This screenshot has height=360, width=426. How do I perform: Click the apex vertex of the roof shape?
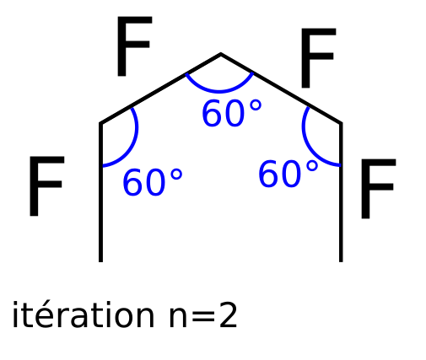click(221, 54)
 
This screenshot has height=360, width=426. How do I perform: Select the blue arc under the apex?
click(219, 91)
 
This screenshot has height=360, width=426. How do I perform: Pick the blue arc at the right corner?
click(306, 141)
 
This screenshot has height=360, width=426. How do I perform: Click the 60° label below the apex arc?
click(232, 114)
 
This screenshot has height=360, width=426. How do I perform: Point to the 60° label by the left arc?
click(153, 182)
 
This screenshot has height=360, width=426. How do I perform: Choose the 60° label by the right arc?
click(288, 174)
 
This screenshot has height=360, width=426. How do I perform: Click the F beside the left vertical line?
click(46, 186)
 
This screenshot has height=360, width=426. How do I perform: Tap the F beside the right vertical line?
click(378, 189)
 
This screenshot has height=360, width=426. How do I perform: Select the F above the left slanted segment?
click(134, 46)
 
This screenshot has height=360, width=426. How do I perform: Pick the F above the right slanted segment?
click(318, 58)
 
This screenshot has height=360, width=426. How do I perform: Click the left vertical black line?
click(100, 192)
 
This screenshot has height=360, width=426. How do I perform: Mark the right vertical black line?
click(341, 192)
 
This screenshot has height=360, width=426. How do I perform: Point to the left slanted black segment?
click(160, 89)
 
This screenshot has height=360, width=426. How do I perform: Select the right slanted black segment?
click(281, 89)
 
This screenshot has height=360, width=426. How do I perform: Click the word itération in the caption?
click(83, 314)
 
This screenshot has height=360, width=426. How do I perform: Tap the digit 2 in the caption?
click(228, 314)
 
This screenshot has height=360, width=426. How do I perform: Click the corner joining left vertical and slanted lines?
click(100, 123)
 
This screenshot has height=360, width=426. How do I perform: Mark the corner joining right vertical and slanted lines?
click(341, 123)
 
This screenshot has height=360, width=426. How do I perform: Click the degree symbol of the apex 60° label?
click(256, 106)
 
